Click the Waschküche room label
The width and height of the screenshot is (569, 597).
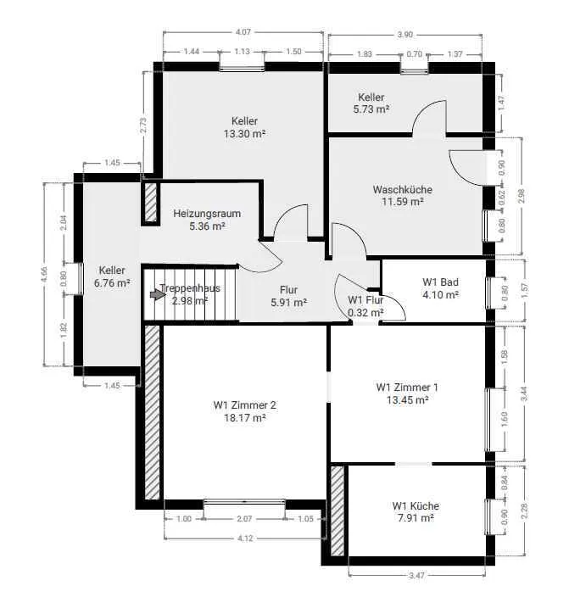click(403, 190)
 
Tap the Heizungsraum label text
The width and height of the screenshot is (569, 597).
click(207, 213)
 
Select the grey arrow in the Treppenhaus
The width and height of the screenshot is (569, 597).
click(155, 295)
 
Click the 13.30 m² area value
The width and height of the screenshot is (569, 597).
click(244, 134)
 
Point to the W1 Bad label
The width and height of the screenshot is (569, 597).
click(440, 282)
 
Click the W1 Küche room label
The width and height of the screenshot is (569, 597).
click(416, 506)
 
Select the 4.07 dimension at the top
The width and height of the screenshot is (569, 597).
click(243, 32)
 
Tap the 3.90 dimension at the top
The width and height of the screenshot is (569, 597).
click(404, 35)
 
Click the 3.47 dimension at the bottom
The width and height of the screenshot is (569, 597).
click(416, 575)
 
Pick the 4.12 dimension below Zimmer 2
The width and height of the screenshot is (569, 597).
click(245, 538)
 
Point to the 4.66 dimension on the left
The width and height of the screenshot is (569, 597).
click(44, 275)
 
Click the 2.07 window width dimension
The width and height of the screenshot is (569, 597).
click(244, 519)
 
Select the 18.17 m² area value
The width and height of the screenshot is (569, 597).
click(244, 418)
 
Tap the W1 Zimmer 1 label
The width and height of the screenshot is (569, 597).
click(407, 388)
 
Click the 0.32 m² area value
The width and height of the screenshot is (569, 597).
click(365, 313)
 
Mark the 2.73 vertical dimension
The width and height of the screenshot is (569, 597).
click(142, 126)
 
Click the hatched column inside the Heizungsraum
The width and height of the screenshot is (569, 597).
click(151, 203)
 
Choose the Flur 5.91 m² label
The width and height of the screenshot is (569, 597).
click(288, 296)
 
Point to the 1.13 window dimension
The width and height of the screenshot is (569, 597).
click(242, 52)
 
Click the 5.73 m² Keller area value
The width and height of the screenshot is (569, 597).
click(371, 109)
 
